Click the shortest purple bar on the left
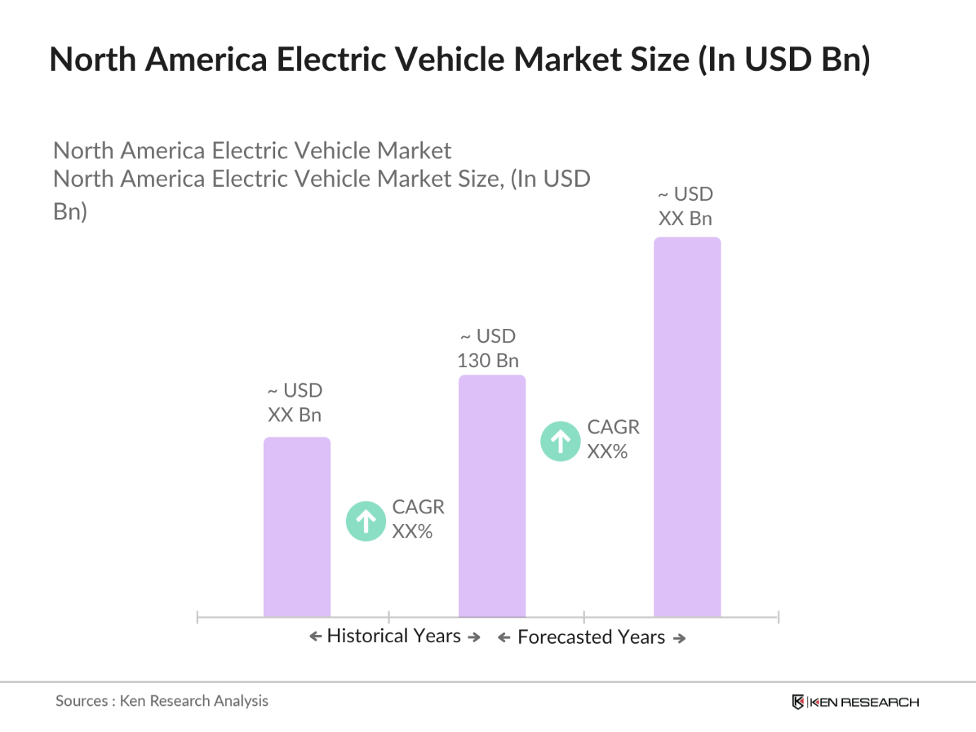point(297,527)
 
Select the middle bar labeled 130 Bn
point(492,496)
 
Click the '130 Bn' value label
point(488,361)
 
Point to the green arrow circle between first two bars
point(366,521)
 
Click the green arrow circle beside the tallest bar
point(560,441)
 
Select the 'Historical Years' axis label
point(394,637)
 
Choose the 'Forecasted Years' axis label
point(591,638)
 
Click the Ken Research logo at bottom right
point(855,702)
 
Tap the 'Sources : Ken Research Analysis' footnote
point(162,701)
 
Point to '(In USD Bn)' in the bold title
point(784,59)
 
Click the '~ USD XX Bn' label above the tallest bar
point(685,207)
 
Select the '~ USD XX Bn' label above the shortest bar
point(295,403)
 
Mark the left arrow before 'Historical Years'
point(315,637)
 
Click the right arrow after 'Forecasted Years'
point(680,639)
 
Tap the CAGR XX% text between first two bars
point(418,519)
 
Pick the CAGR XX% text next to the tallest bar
point(612,439)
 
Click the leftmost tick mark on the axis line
point(197,617)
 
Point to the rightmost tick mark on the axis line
point(778,617)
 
